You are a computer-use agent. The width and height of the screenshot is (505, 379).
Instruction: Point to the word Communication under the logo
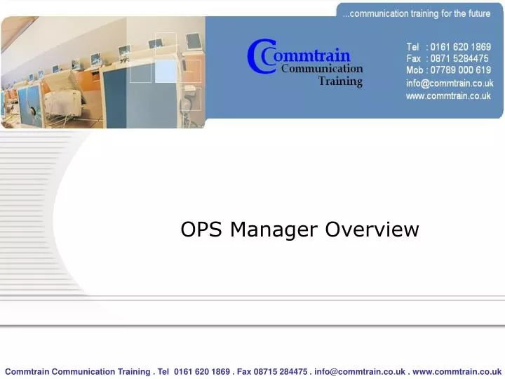pos(322,69)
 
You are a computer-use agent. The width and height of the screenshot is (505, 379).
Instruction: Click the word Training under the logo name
pos(340,81)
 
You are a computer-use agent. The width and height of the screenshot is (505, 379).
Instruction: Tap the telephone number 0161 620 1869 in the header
pos(461,46)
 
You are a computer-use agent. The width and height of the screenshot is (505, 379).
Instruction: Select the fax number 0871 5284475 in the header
pos(459,58)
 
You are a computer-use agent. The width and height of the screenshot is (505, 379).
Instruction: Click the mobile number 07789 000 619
pos(461,70)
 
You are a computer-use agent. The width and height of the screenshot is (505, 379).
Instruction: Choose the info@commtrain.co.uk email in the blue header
pos(450,84)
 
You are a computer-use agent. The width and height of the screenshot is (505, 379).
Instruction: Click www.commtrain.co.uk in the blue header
pos(448,96)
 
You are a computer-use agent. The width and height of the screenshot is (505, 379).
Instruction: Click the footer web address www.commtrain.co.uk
pos(457,371)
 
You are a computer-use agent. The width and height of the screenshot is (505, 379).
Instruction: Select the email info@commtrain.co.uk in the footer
pos(360,371)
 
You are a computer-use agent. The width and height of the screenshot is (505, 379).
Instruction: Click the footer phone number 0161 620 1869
pos(202,371)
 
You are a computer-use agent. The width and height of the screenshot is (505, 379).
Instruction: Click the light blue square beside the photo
pos(166,71)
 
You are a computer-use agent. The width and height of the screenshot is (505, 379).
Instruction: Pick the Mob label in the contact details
pos(415,70)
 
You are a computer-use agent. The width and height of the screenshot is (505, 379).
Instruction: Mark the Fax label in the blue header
pos(413,58)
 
